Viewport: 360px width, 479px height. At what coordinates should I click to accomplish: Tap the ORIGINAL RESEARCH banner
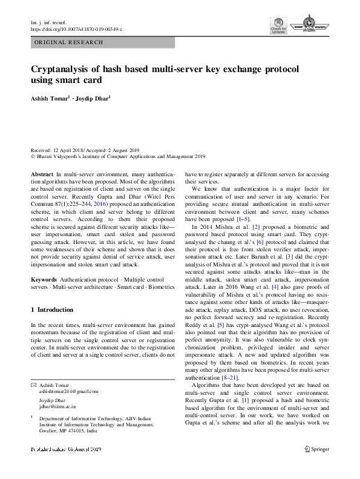(x=69, y=43)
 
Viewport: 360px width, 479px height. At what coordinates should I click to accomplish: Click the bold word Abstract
(x=41, y=173)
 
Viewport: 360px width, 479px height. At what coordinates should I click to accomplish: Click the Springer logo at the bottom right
(x=318, y=466)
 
